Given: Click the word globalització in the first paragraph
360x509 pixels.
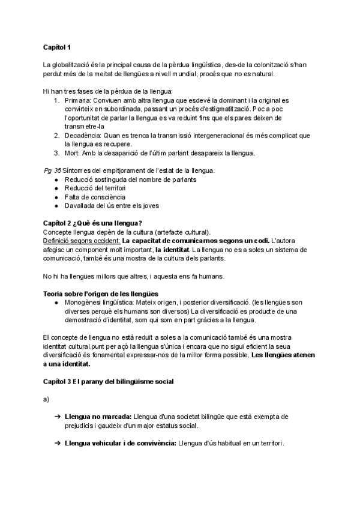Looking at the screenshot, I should pos(75,64).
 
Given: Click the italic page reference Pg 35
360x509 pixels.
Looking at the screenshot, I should pos(52,171).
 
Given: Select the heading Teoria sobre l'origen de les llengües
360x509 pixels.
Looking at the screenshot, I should pos(100,294).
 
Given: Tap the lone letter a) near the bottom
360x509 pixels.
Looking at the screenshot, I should pos(46,399).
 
